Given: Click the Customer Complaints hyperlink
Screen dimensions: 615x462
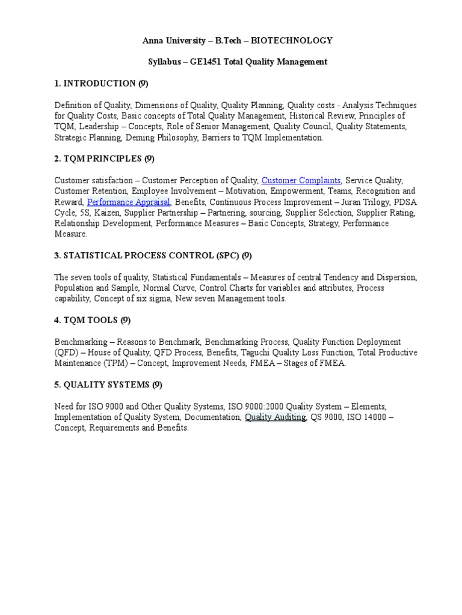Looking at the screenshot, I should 301,180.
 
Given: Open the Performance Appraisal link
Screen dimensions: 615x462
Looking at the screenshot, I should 129,202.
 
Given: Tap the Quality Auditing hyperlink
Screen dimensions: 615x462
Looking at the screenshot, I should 275,417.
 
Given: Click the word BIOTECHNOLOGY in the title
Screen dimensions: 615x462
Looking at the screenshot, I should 291,40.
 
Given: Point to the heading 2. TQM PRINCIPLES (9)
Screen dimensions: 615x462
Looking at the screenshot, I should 104,159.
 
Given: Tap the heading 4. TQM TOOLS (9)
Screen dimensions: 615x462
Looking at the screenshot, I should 92,320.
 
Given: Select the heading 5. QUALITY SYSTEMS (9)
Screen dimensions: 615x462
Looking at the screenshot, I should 108,385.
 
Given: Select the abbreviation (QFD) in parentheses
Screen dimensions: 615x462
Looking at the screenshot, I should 65,353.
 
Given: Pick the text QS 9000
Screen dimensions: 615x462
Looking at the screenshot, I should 325,417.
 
